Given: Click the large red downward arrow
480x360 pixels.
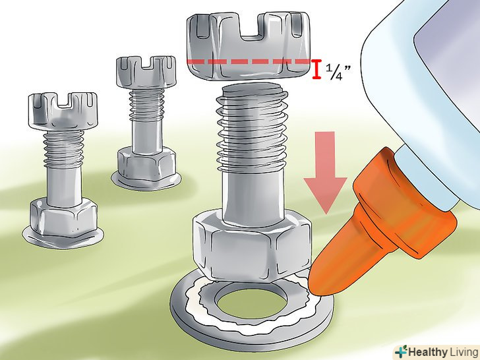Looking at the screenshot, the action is coord(325,171).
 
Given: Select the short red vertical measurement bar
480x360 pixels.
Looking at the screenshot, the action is coord(316,69).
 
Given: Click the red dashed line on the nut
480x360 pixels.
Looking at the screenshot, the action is coord(249,61).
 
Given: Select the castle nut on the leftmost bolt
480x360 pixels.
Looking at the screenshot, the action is coord(63,109).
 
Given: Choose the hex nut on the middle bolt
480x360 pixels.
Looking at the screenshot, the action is coord(146,164).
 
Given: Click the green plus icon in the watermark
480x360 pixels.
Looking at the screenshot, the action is coord(401,351).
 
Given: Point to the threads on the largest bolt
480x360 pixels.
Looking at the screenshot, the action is coord(252,129).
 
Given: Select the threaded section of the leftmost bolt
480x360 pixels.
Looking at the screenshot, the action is coord(63,149).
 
